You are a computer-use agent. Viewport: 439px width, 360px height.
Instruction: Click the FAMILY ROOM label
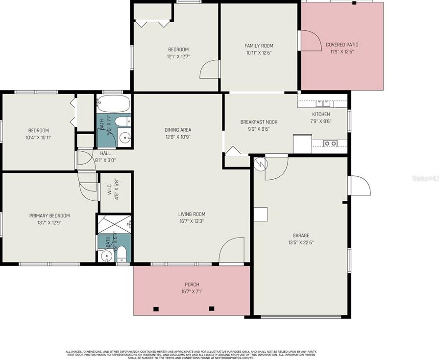coord(259,46)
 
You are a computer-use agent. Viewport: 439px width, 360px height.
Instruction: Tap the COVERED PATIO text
coord(342,45)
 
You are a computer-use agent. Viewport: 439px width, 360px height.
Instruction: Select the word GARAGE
coord(301,236)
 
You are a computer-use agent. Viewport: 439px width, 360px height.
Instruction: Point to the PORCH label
coord(192,285)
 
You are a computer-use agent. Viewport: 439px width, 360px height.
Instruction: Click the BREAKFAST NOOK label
coord(259,122)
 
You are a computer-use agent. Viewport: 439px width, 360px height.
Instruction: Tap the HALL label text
coord(105,153)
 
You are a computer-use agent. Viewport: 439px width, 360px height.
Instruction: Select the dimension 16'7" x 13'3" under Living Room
coord(192,221)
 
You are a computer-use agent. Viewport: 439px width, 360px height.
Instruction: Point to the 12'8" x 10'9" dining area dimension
coord(177,137)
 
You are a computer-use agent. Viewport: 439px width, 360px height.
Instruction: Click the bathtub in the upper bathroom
coord(113,104)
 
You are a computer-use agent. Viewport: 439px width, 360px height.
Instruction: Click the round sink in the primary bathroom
coord(105,256)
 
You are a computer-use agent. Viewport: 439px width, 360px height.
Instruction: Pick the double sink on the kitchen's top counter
coord(322,103)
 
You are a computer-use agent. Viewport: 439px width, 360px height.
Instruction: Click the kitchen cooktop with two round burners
coord(330,144)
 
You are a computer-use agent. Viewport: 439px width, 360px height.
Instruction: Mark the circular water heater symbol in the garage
coord(260,163)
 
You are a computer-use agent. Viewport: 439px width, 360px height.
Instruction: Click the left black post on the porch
coord(156,309)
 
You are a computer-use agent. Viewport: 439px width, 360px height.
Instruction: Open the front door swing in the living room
coord(231,251)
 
